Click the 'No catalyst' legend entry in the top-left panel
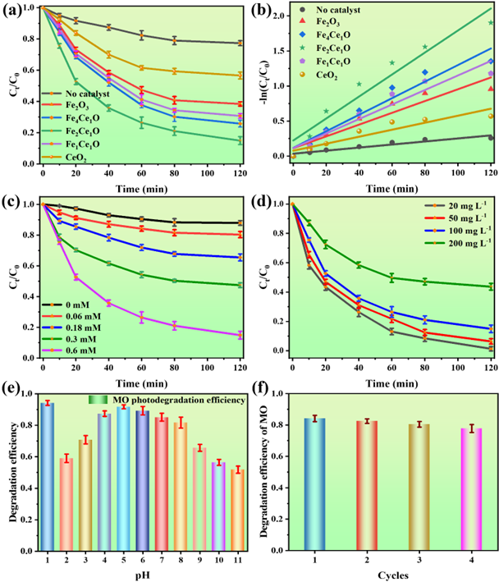coord(86,94)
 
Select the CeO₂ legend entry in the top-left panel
coord(75,157)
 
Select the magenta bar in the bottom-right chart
coord(471,488)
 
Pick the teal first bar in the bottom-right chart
coord(314,483)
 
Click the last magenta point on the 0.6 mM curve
coord(240,335)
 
